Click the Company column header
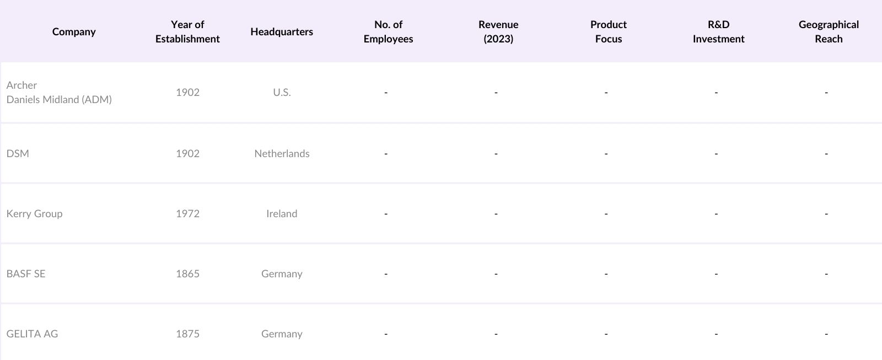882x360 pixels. point(74,32)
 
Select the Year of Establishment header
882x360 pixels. point(187,32)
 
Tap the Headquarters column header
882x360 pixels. point(282,32)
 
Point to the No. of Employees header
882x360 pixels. point(388,32)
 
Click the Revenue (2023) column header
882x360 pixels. point(498,32)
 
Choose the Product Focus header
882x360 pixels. point(609,32)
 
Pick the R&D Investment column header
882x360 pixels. point(718,32)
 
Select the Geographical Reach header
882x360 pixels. point(829,32)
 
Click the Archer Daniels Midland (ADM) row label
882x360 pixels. point(59,93)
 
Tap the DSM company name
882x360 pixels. point(18,154)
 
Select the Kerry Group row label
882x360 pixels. point(34,214)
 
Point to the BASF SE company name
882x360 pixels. point(26,274)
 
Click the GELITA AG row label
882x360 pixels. point(32,334)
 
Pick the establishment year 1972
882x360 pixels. point(187,214)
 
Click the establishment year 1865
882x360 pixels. point(187,274)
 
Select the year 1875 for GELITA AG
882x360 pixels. point(187,334)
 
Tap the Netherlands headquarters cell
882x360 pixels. point(282,154)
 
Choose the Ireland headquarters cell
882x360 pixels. point(282,214)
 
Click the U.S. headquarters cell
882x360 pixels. point(282,93)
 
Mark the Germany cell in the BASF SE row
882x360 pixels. point(282,274)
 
